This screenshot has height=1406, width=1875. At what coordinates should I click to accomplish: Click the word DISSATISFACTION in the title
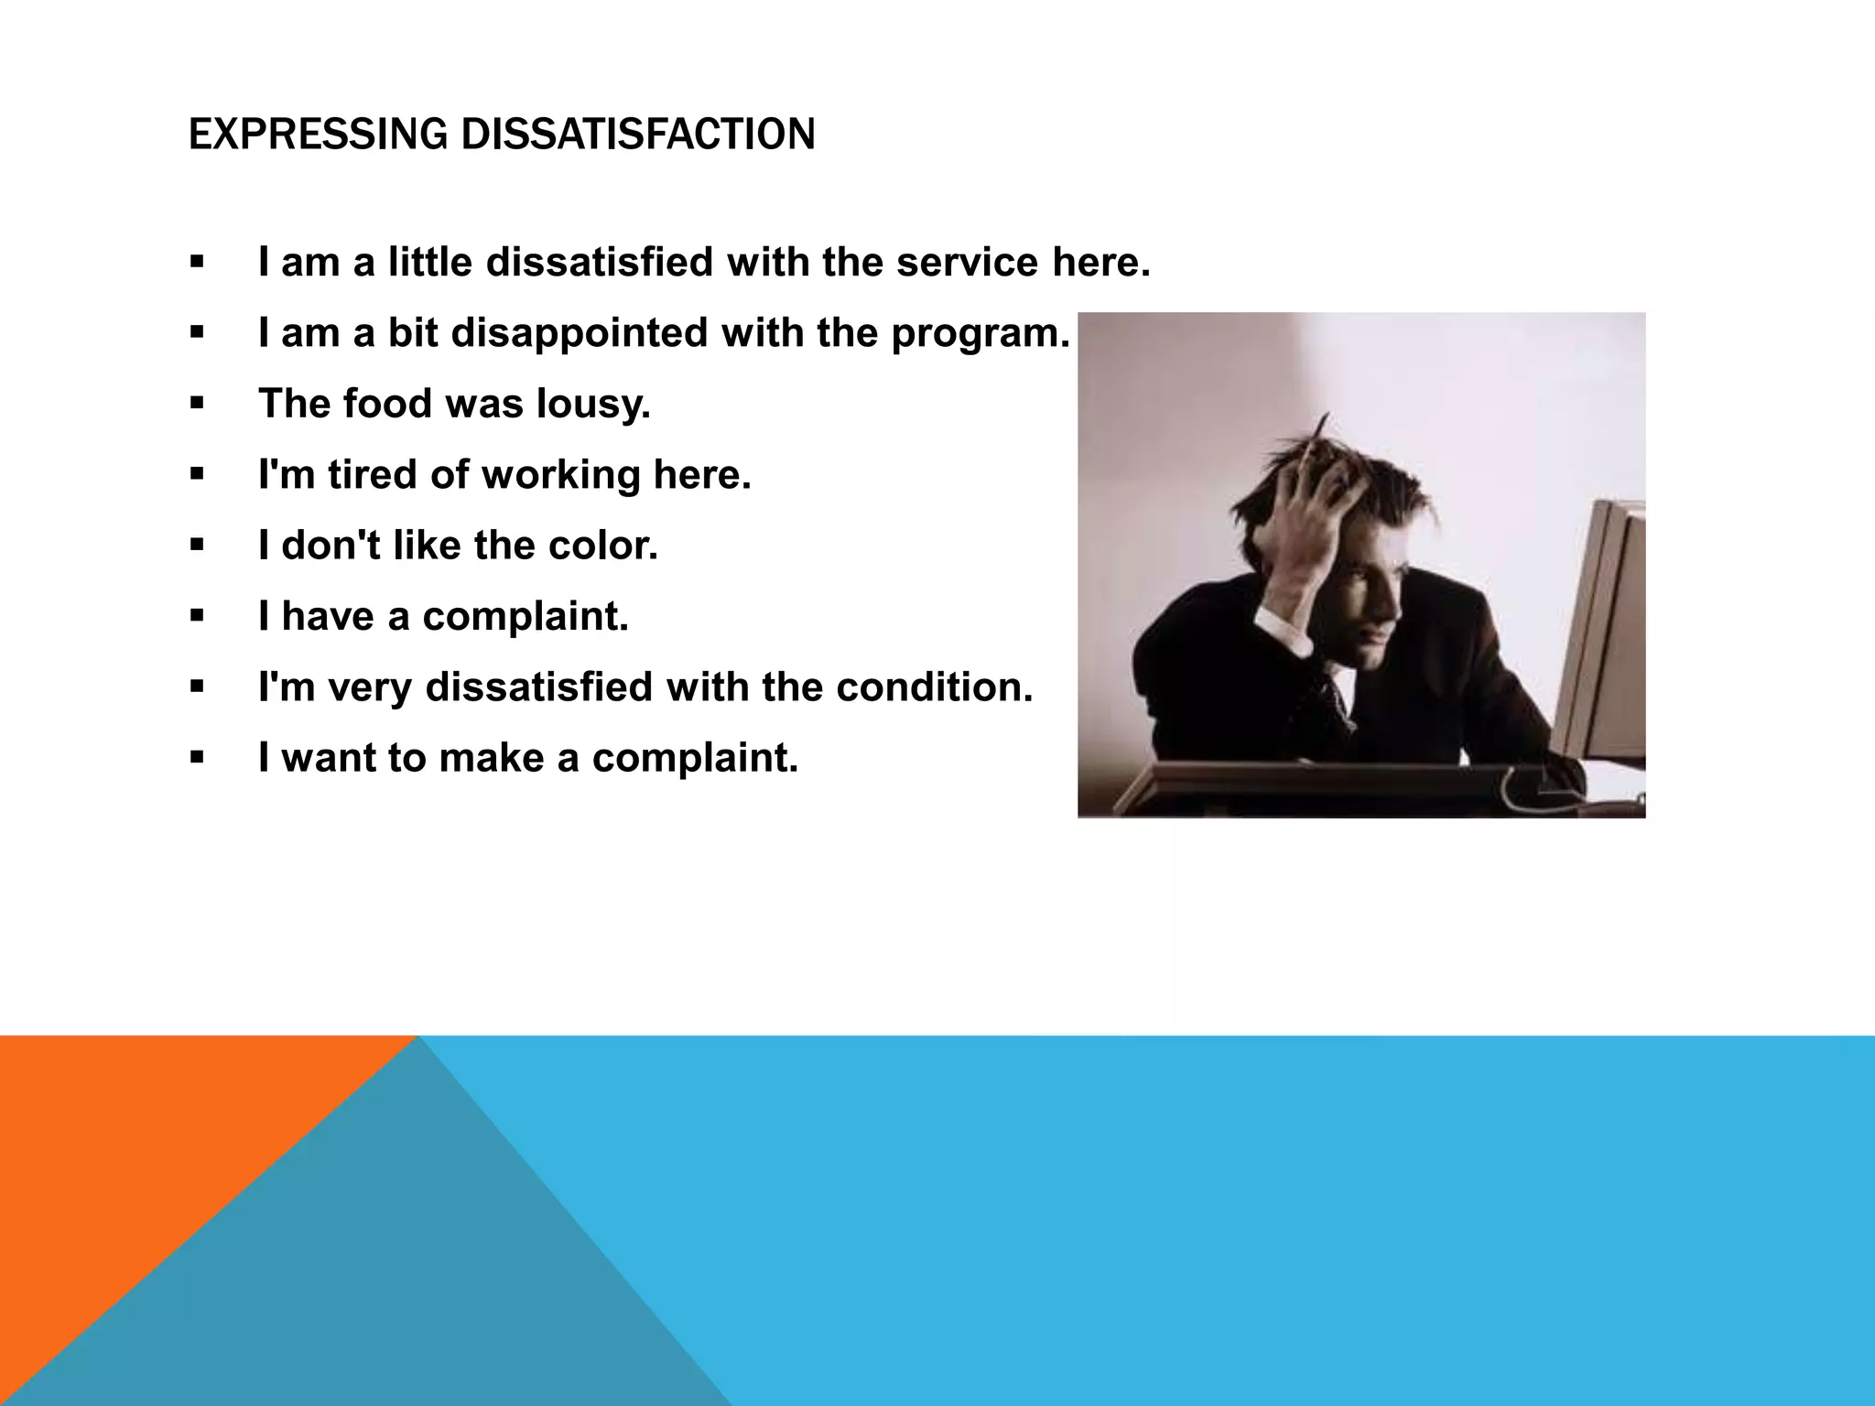point(637,135)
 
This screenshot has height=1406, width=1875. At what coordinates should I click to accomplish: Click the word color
point(603,546)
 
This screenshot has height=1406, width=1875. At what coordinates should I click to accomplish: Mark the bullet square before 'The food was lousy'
point(197,404)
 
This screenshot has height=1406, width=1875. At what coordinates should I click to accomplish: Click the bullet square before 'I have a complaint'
point(197,616)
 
